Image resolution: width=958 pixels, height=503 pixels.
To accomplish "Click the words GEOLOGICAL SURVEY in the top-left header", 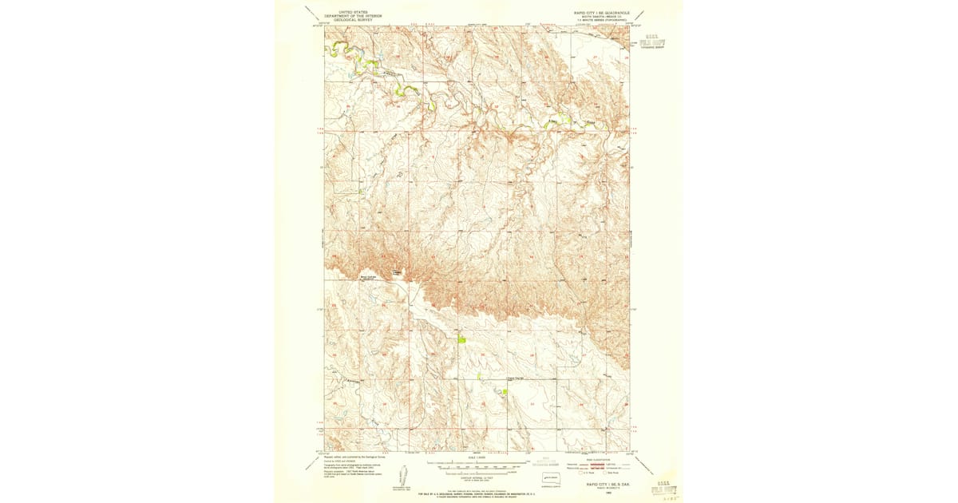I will pyautogui.click(x=354, y=19).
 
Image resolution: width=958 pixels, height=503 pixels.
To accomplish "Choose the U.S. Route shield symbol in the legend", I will pyautogui.click(x=570, y=473).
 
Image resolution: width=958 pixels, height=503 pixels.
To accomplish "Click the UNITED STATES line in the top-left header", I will pyautogui.click(x=354, y=12).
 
